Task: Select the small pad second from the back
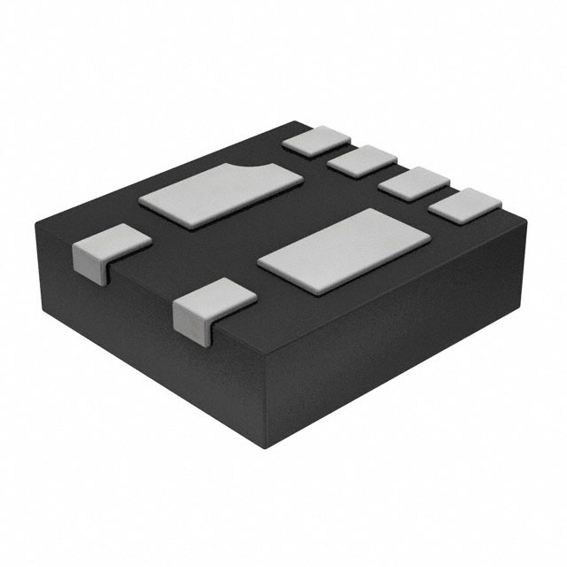[x=362, y=160]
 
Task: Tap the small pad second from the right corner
[x=413, y=184]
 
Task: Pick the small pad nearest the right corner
[x=464, y=207]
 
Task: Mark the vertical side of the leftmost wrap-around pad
[x=89, y=263]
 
